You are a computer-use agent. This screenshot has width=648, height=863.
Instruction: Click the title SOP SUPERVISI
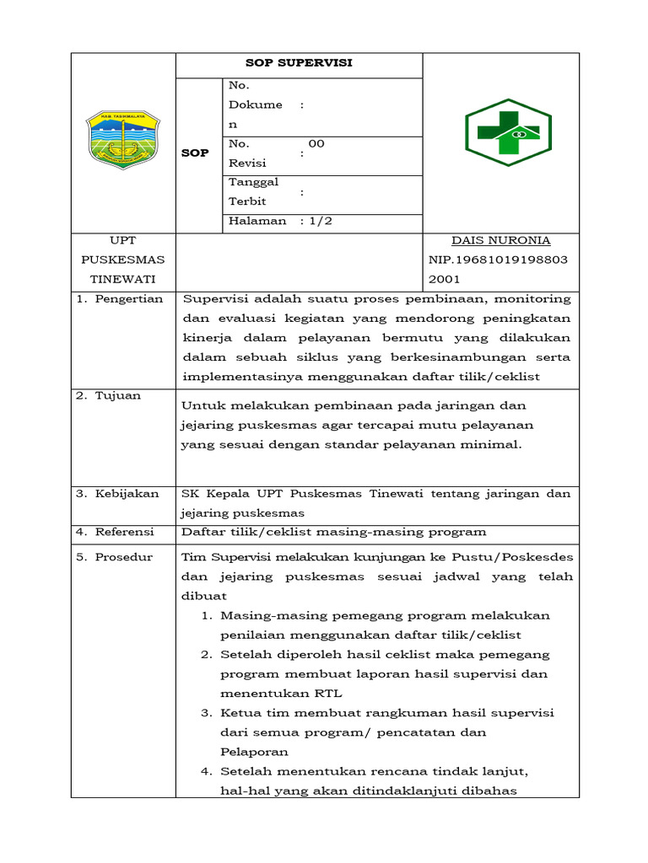click(299, 63)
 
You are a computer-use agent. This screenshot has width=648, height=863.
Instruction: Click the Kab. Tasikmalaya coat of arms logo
click(122, 138)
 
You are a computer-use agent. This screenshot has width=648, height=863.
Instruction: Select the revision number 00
click(316, 144)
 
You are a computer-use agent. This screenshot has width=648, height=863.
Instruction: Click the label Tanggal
click(254, 182)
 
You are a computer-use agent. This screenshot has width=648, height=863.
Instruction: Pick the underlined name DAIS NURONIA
click(501, 241)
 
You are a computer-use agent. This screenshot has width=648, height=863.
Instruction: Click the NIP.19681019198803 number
click(501, 260)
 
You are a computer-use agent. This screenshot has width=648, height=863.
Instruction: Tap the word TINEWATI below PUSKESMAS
click(123, 279)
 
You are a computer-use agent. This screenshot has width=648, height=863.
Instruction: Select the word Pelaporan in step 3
click(254, 752)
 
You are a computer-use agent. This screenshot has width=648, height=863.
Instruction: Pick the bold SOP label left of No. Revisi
click(195, 153)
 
